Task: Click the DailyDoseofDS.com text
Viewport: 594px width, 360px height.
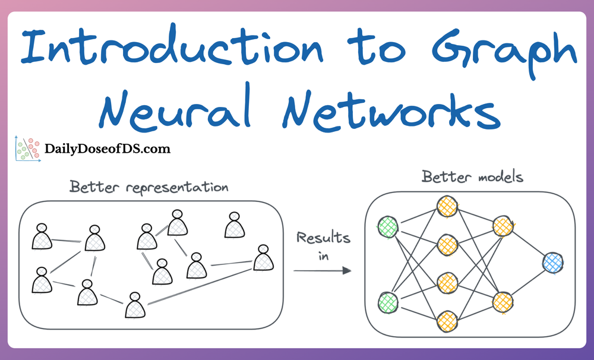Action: click(x=108, y=149)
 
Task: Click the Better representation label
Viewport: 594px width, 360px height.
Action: click(x=148, y=187)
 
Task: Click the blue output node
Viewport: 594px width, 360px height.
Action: click(x=553, y=262)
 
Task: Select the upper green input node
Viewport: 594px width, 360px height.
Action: click(x=388, y=226)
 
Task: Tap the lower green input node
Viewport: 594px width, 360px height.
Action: click(x=388, y=302)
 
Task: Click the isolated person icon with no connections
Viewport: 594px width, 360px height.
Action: click(x=234, y=226)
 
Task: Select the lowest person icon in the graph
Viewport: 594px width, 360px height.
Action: click(x=134, y=305)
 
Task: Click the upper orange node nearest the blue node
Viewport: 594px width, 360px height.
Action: click(x=503, y=226)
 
